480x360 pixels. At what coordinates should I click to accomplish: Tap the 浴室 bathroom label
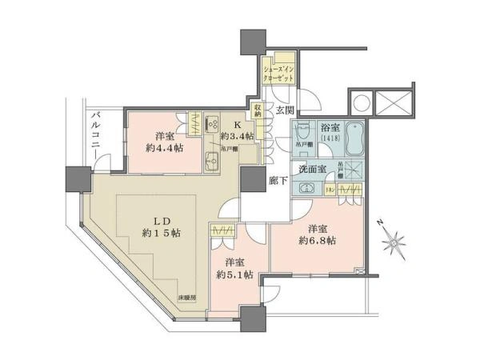[330, 127]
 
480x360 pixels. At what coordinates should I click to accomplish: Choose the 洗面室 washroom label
[312, 170]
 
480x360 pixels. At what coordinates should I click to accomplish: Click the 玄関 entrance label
[285, 111]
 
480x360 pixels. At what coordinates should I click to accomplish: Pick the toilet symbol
[304, 131]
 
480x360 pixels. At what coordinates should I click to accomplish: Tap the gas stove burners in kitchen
[212, 124]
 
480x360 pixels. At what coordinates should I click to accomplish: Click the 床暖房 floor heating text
[187, 298]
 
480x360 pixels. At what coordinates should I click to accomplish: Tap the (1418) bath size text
[330, 138]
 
